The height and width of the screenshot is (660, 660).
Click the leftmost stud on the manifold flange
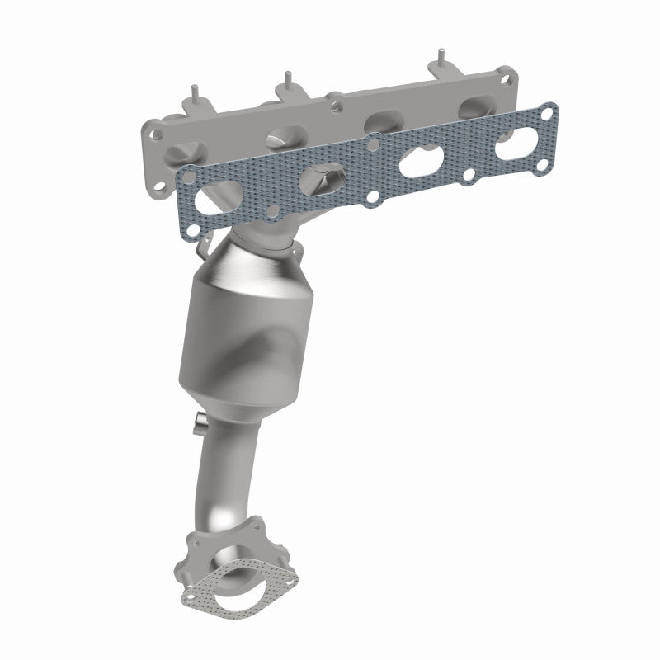[195, 90]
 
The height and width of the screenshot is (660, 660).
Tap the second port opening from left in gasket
[323, 174]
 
